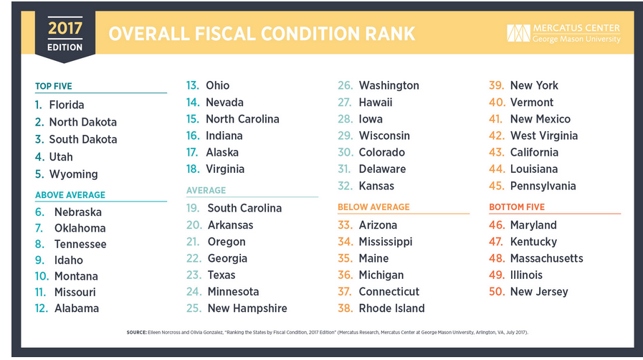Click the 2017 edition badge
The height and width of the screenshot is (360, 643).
[65, 36]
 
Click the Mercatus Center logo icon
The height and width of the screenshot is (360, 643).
[518, 33]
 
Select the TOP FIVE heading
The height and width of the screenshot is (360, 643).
[54, 86]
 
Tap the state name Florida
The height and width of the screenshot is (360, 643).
[67, 105]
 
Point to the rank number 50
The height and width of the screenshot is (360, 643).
[497, 292]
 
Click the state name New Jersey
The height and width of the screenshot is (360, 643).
[539, 292]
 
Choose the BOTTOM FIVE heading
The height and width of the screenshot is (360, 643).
[517, 207]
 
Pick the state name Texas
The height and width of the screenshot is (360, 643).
[222, 275]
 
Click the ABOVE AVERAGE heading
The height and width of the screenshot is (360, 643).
[70, 195]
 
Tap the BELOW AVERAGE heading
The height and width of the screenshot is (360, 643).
[373, 207]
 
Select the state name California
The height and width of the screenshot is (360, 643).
[534, 153]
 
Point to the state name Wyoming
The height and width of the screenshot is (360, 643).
[73, 174]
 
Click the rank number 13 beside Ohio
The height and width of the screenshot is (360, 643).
[192, 85]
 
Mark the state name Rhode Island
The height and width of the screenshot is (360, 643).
[391, 308]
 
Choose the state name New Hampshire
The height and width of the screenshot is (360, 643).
[247, 308]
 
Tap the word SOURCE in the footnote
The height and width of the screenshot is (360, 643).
[136, 332]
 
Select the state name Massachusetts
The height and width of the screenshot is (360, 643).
[547, 258]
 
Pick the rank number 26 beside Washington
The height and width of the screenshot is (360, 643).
[346, 85]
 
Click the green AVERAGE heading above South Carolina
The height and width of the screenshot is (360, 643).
[206, 190]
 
